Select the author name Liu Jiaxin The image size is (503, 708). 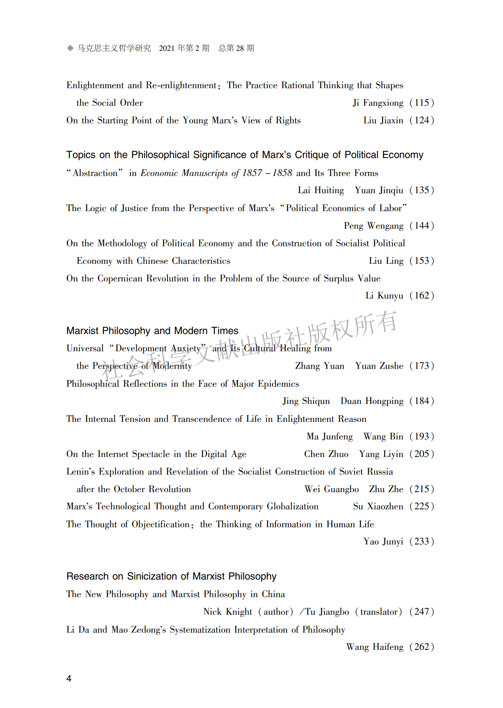(383, 120)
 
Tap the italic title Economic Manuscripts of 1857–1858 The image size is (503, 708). (216, 173)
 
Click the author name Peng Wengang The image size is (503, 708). (374, 226)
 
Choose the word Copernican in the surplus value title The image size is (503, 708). (120, 278)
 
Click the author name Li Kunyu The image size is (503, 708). (384, 296)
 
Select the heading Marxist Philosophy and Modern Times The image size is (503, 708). (152, 331)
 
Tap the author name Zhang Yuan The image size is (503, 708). (319, 366)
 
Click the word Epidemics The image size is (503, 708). (278, 384)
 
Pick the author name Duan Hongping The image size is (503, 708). (372, 401)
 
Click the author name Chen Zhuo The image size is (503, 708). (326, 454)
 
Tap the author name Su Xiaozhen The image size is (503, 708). (378, 506)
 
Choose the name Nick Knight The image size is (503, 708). (228, 612)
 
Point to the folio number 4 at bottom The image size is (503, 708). (69, 679)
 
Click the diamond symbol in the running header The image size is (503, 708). (70, 48)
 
